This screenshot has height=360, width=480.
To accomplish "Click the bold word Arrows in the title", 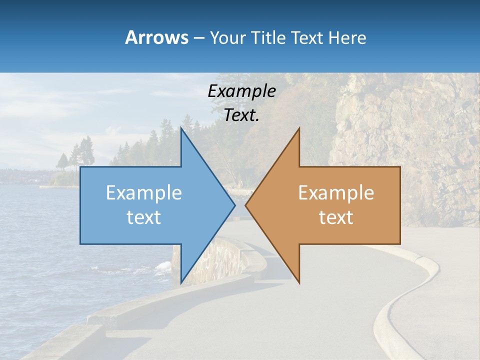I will point(156,37).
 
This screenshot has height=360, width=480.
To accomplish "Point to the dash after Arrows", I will point(198,38).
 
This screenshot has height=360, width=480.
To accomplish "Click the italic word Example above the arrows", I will point(241,91).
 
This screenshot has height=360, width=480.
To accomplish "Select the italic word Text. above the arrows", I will point(241,115).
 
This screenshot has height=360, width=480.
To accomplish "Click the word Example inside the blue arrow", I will point(144,193).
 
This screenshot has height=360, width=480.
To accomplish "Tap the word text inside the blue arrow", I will point(144,217).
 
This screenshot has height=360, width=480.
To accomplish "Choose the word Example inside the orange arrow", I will point(336,193).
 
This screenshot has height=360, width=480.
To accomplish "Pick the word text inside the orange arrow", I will point(336,217).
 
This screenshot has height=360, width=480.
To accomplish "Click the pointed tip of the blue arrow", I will point(234,205).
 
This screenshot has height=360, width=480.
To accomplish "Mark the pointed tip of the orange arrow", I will point(246,205).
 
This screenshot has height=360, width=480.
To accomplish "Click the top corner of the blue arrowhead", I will point(181,129).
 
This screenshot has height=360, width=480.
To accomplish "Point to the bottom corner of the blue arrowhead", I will point(181,282).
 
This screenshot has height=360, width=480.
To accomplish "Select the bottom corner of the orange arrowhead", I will point(299,282).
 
